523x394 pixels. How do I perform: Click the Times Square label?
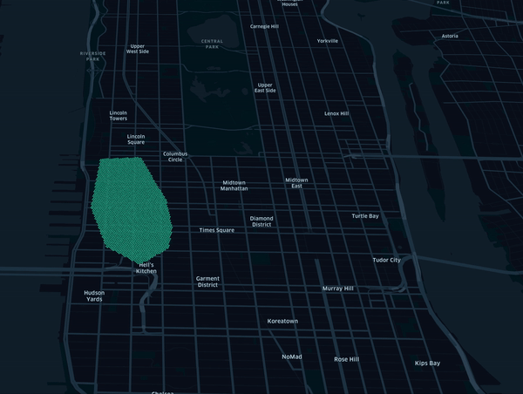coord(217,230)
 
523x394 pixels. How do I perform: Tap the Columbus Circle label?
coord(175,157)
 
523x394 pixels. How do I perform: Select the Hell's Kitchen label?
coord(146,268)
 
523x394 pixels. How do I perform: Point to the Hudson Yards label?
coord(94,295)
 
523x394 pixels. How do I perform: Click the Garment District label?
coord(207,282)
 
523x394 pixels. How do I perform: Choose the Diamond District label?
coord(261,221)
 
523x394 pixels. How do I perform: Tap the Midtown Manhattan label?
coord(234,185)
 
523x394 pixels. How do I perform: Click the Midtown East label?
coord(296,182)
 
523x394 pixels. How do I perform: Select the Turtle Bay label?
coord(365,215)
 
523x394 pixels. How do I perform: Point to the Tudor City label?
coord(387,260)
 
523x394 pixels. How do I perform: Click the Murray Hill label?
coord(337,288)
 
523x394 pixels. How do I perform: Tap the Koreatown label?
coord(282,321)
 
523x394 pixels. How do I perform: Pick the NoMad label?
coord(291,357)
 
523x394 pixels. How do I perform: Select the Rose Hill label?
coord(347,359)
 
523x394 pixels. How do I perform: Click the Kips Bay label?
coord(427,363)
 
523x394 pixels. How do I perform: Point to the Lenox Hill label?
coord(336,113)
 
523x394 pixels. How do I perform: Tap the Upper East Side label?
coord(265,88)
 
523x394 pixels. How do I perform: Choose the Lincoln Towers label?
coord(119,115)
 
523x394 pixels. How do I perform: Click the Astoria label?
coord(450,36)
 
